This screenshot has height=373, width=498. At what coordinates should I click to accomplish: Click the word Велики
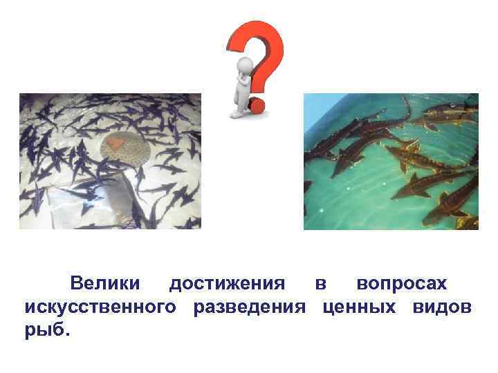click(x=105, y=284)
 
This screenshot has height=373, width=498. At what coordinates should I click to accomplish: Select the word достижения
click(x=227, y=284)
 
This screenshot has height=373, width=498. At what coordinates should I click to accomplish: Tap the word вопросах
click(x=402, y=284)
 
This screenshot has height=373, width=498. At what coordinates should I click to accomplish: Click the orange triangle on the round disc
click(x=116, y=143)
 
